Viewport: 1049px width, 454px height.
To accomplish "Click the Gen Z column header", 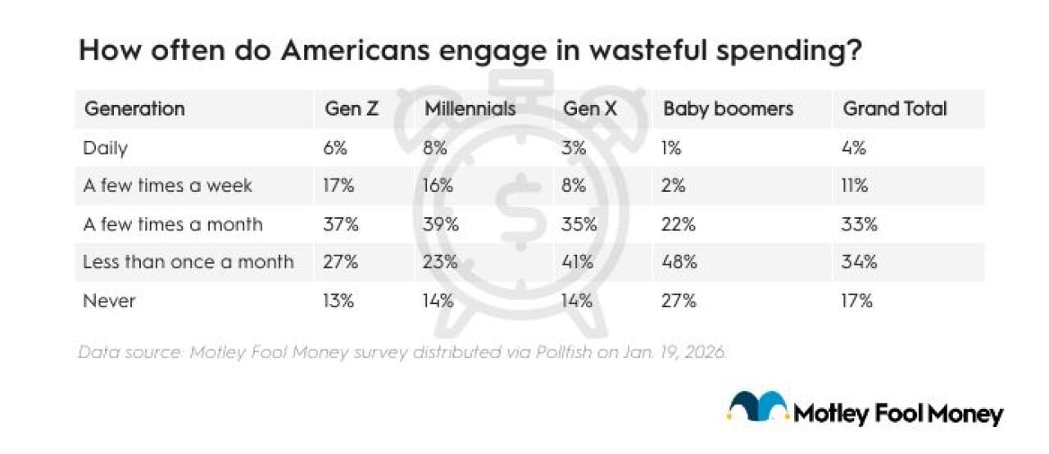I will [352, 109].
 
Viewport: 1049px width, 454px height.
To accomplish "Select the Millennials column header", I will [470, 109].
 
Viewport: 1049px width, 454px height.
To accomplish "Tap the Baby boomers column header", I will [728, 109].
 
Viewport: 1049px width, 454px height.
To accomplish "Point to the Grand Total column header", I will [894, 109].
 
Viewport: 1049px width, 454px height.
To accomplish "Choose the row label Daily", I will [106, 148].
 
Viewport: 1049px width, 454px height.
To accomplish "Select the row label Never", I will [109, 301].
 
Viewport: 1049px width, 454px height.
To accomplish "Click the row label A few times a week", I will [167, 186].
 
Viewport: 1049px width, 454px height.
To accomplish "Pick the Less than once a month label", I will [188, 262].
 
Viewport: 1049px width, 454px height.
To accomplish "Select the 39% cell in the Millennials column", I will [441, 225].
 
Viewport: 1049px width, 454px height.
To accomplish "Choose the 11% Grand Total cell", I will [855, 186].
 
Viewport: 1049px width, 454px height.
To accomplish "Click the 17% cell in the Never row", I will [857, 301].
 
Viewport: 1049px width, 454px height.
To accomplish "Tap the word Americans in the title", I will [352, 51].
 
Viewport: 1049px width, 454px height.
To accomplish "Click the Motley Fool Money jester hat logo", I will [758, 407].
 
